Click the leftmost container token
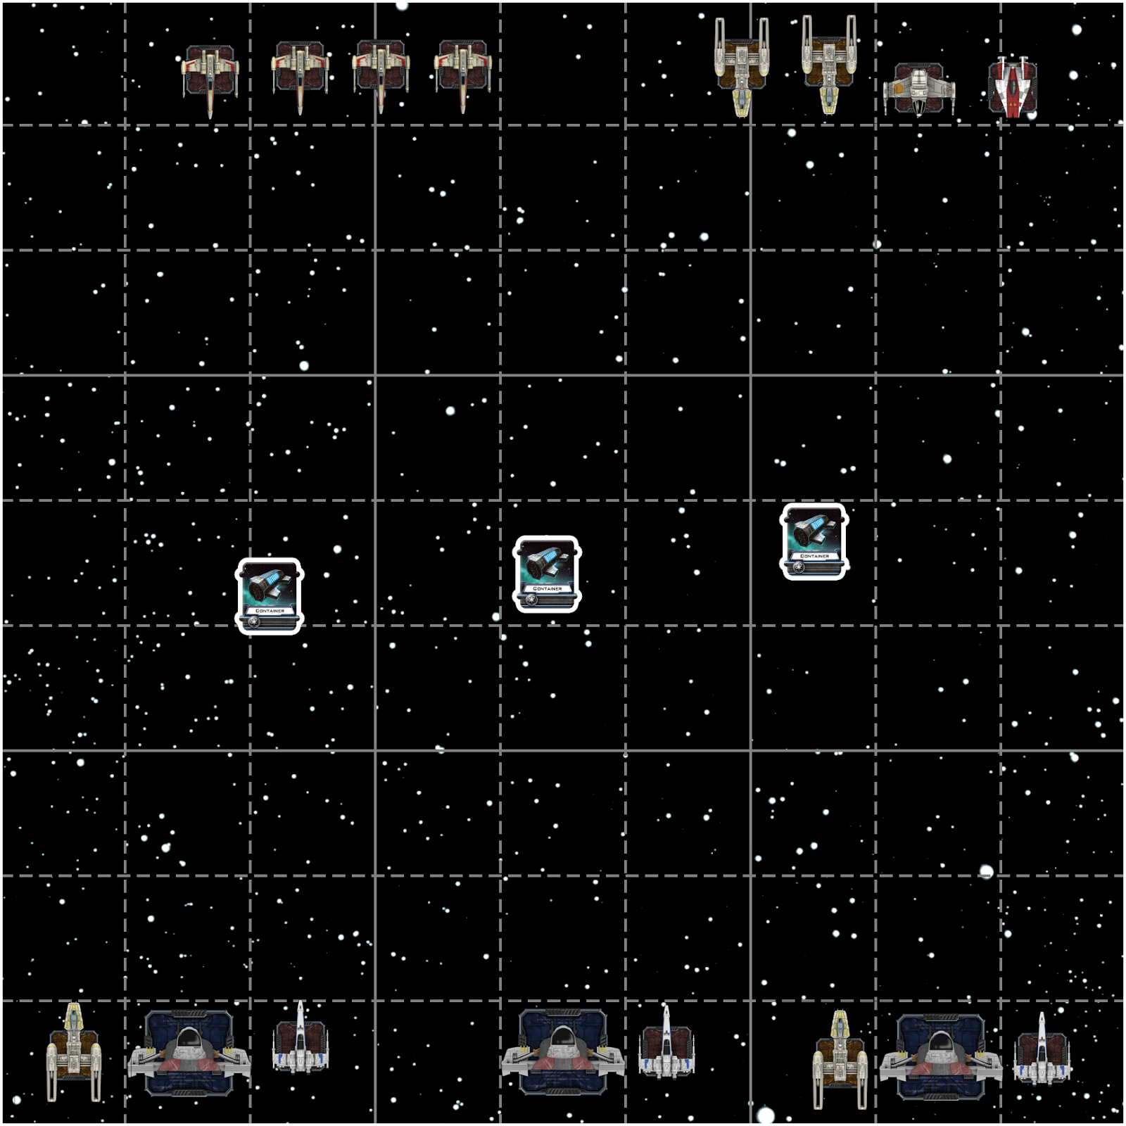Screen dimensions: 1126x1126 (x=270, y=596)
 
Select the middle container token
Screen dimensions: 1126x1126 (x=547, y=574)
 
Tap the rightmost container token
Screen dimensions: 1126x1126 (x=814, y=541)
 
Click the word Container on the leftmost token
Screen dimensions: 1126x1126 (x=270, y=611)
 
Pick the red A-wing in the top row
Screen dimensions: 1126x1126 (x=1012, y=87)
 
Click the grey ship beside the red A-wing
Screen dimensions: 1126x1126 (x=918, y=89)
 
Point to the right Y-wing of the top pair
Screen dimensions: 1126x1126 (x=829, y=65)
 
